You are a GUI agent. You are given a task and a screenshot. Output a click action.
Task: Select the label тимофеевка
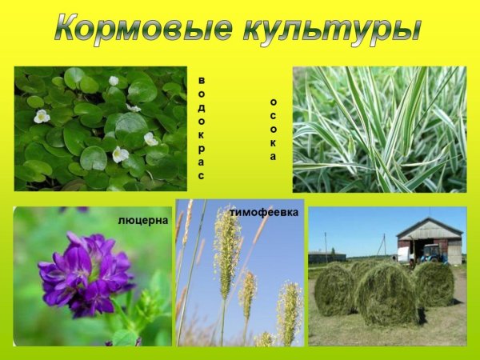264,212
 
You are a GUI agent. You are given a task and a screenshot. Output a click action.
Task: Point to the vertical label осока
273,129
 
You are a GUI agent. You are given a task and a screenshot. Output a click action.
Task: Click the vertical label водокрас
202,128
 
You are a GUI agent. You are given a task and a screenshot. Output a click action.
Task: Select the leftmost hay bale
334,288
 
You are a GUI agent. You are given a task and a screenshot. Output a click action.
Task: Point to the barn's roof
430,226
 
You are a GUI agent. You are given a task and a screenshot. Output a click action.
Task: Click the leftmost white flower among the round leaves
41,116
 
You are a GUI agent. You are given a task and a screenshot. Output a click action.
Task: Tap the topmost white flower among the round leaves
114,81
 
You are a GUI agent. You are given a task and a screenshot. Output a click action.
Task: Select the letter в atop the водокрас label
202,80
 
